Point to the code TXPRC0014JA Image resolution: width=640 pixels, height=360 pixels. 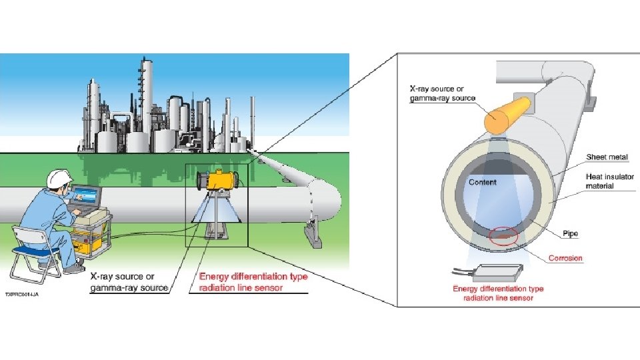click(x=22, y=294)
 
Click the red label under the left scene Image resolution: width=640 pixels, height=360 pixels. click(x=253, y=282)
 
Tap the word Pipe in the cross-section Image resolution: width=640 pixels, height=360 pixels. click(x=570, y=234)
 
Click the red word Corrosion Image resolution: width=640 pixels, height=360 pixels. click(x=565, y=258)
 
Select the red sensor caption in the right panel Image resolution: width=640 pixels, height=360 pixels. click(x=498, y=293)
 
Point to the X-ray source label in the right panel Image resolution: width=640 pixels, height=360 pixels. click(x=442, y=93)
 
